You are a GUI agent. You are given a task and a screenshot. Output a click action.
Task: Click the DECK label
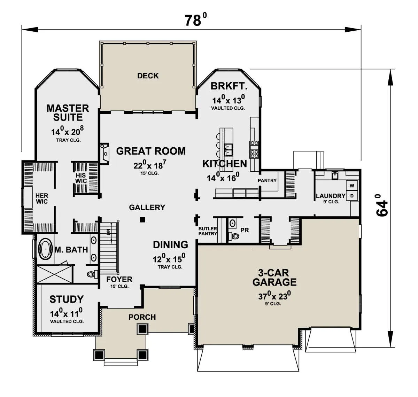tap(148, 76)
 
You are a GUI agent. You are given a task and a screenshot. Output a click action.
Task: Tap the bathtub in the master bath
tap(45, 249)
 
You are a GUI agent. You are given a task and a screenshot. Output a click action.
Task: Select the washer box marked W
tap(352, 186)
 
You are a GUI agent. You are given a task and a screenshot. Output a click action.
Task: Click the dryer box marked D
tap(352, 196)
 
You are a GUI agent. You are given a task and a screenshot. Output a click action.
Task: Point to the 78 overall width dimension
tap(195, 20)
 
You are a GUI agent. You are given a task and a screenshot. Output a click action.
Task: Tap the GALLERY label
tap(147, 207)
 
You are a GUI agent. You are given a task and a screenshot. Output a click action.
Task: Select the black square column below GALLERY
tap(142, 220)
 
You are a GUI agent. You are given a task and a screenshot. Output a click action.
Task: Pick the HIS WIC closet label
tap(81, 178)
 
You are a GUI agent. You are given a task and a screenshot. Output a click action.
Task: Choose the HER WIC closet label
tap(42, 198)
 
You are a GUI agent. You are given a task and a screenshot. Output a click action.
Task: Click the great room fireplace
tap(104, 154)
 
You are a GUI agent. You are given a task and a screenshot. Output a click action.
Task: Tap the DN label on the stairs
tap(108, 231)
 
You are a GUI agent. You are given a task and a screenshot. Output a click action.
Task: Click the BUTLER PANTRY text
tap(208, 231)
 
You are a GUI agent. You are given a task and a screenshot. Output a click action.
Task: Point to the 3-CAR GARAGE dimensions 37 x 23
tap(274, 296)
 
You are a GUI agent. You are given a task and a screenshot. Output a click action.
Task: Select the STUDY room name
tap(67, 299)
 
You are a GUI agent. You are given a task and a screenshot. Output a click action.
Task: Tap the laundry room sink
tap(335, 176)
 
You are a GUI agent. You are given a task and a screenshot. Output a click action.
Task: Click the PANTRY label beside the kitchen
tap(267, 180)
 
